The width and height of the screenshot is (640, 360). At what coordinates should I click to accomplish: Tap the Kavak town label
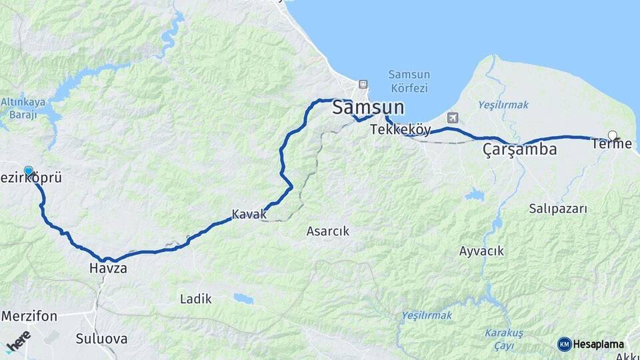pyautogui.click(x=249, y=214)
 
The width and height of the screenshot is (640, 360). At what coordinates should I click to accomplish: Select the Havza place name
pyautogui.click(x=107, y=269)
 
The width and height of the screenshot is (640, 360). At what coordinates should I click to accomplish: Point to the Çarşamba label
pyautogui.click(x=519, y=150)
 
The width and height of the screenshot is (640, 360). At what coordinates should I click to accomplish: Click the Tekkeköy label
pyautogui.click(x=401, y=130)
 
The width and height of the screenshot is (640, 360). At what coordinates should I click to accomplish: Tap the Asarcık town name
pyautogui.click(x=327, y=231)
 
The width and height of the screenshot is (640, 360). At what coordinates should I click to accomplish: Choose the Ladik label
pyautogui.click(x=196, y=299)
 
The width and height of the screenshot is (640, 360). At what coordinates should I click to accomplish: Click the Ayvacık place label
pyautogui.click(x=481, y=251)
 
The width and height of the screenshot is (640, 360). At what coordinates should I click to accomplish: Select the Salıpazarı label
pyautogui.click(x=558, y=209)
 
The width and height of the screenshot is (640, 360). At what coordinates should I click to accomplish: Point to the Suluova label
pyautogui.click(x=101, y=339)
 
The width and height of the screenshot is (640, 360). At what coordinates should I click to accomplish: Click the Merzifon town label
pyautogui.click(x=29, y=315)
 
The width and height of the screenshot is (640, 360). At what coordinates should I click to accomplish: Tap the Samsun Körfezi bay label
pyautogui.click(x=409, y=81)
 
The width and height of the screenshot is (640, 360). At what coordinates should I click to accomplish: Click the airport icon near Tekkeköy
pyautogui.click(x=453, y=118)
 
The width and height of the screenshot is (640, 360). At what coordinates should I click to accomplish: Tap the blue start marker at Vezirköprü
pyautogui.click(x=29, y=171)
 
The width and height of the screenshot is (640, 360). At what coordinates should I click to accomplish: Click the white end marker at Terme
pyautogui.click(x=613, y=135)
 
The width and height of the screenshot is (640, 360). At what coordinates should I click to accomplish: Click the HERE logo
pyautogui.click(x=18, y=341)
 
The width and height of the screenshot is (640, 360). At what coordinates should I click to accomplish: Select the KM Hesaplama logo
pyautogui.click(x=591, y=344)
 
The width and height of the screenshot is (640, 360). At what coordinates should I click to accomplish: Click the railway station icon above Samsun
pyautogui.click(x=363, y=84)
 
